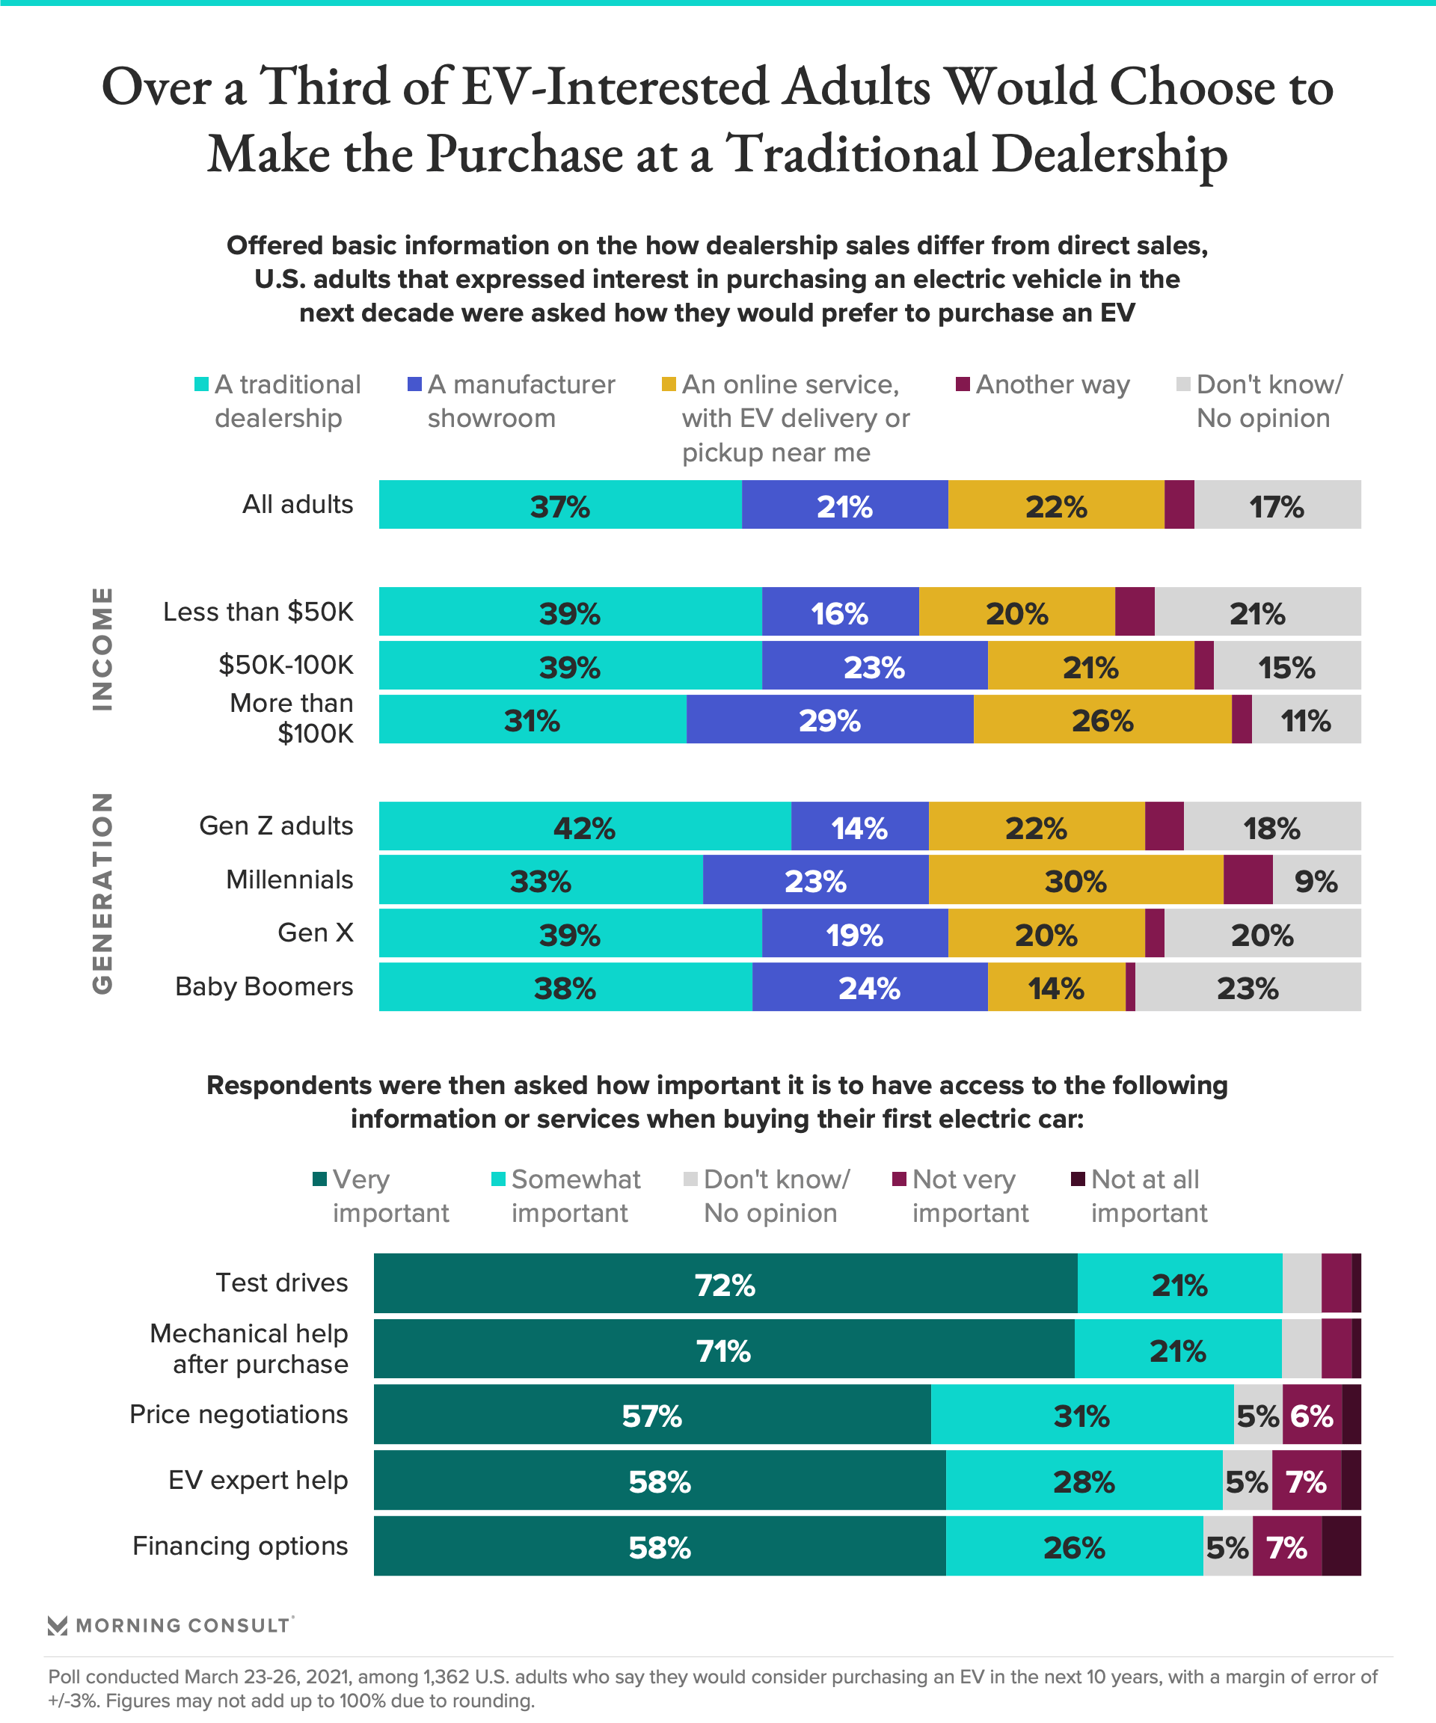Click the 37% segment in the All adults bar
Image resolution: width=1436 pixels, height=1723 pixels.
click(x=559, y=506)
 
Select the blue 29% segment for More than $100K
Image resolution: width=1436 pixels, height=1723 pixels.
click(x=829, y=719)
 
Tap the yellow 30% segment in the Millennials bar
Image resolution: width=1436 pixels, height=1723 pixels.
click(x=1075, y=880)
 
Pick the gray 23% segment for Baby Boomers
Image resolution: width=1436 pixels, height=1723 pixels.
click(x=1248, y=987)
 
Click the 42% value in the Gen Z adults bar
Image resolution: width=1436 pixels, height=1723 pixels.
click(x=583, y=827)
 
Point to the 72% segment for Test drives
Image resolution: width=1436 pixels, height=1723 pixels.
click(x=725, y=1284)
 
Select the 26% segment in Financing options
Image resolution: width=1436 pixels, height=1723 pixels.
click(x=1074, y=1547)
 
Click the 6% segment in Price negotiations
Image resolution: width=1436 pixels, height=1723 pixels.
click(x=1311, y=1416)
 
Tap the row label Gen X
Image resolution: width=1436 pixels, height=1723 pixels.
click(x=315, y=933)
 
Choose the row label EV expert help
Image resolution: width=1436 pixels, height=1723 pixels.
click(x=258, y=1480)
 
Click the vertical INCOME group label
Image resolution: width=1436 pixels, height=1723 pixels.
click(x=102, y=648)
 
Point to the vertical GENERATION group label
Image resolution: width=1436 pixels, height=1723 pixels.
click(x=102, y=893)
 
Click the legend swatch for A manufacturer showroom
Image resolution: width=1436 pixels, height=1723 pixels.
click(x=415, y=384)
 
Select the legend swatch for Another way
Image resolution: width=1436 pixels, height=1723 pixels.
click(x=963, y=384)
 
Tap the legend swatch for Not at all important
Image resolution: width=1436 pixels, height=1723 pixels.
click(x=1078, y=1179)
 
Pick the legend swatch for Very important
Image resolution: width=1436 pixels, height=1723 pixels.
click(x=320, y=1179)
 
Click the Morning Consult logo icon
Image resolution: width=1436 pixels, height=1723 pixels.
click(x=58, y=1625)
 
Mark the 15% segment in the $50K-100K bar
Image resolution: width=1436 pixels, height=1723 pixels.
click(x=1286, y=666)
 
